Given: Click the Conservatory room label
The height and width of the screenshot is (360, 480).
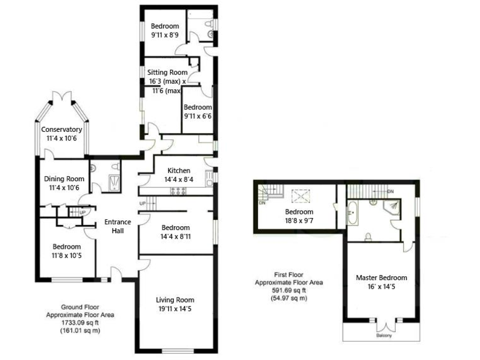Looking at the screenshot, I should point(62,129).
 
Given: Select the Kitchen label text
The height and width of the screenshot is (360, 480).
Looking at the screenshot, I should point(179,171).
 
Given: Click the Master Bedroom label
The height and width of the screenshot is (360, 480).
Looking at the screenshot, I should point(381,277).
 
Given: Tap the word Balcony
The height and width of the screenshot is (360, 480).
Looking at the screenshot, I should point(384,336).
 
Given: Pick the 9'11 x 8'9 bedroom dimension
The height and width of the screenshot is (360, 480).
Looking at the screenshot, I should point(165,36).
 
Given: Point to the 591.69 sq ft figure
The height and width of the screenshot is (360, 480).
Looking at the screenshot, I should point(289,290).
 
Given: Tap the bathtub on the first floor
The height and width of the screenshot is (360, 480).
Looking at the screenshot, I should point(351,214).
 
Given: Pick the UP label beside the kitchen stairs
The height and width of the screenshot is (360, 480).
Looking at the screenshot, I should point(142,204).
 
